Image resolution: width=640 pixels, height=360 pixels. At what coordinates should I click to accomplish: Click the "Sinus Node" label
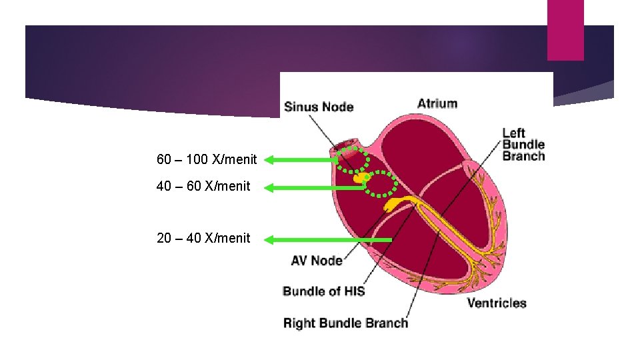(x=319, y=107)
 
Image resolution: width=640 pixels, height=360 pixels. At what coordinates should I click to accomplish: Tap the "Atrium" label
(x=437, y=103)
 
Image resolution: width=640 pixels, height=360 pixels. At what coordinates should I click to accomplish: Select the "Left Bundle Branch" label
(x=523, y=145)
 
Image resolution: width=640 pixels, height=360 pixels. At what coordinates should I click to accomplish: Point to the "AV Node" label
(x=317, y=261)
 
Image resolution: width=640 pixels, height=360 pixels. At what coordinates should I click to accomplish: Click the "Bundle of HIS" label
(x=324, y=291)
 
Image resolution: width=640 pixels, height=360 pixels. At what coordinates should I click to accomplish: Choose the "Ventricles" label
(x=497, y=303)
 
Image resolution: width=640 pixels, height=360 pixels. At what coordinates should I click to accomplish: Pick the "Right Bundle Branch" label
(x=345, y=323)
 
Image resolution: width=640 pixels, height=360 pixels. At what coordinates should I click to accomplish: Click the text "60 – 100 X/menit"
(x=207, y=160)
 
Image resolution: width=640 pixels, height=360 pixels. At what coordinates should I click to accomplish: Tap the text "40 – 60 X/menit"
(x=203, y=186)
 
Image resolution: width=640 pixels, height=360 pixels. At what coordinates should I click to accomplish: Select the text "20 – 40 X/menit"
(x=203, y=238)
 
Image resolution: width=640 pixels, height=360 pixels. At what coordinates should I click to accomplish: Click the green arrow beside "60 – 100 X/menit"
(x=303, y=160)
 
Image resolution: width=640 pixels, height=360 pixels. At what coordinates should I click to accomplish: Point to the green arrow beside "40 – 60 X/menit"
(x=313, y=188)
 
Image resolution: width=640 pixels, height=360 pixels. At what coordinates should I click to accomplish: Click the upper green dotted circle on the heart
(x=352, y=159)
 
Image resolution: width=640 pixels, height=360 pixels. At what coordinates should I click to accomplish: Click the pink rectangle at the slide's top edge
(x=565, y=30)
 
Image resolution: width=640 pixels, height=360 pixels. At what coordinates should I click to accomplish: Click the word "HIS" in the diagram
(x=353, y=291)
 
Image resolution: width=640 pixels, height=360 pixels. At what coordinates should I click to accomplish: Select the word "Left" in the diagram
(x=513, y=133)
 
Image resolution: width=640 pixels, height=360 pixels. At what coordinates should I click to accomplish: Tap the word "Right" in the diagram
(x=299, y=323)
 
